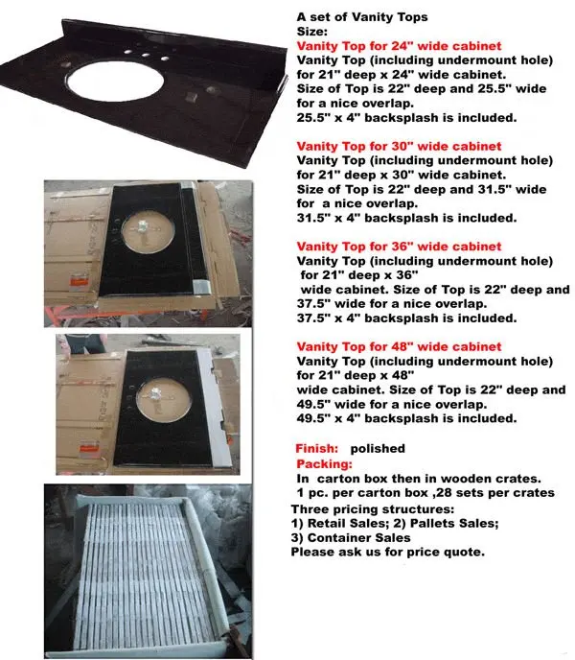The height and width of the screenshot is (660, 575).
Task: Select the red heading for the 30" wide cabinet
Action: pyautogui.click(x=399, y=146)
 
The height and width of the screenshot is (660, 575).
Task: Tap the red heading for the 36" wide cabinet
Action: pyautogui.click(x=399, y=247)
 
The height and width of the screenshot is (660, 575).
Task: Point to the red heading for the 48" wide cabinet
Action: pyautogui.click(x=399, y=346)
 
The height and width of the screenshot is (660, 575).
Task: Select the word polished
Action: pyautogui.click(x=378, y=448)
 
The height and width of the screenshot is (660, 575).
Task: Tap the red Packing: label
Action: pyautogui.click(x=324, y=462)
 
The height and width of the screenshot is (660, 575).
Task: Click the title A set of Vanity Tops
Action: pyautogui.click(x=362, y=16)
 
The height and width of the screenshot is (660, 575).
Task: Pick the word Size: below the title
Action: pyautogui.click(x=312, y=31)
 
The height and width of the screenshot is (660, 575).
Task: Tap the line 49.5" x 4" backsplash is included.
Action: pyautogui.click(x=407, y=418)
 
